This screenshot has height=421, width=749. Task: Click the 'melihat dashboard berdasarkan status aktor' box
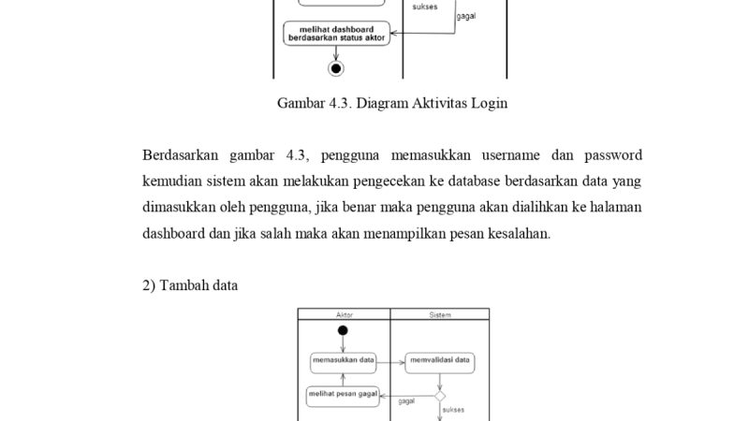coord(336,34)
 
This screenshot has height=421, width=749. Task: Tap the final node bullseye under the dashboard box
coord(337,67)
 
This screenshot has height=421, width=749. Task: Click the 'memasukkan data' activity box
coord(343,358)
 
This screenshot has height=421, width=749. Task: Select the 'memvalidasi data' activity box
coord(440,358)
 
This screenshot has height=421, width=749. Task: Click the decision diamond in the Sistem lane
coord(440,396)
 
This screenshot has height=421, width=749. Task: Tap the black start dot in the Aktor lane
coord(343,330)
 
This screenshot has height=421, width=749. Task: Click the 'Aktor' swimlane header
coord(344,315)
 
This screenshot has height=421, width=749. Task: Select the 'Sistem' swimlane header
coord(440,315)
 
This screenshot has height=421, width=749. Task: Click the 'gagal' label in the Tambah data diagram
coord(406,401)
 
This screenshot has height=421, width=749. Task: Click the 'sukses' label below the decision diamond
coord(453,410)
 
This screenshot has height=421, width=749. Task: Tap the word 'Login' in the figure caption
coord(488,104)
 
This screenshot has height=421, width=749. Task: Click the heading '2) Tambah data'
coord(190,285)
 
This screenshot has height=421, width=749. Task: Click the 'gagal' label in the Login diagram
coord(466,17)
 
